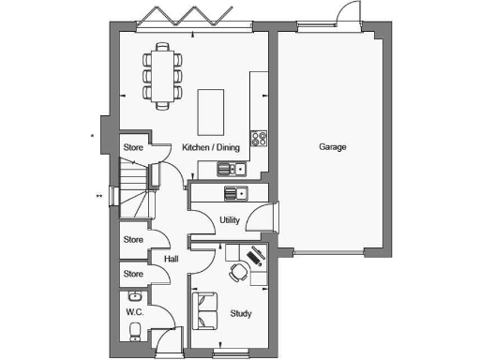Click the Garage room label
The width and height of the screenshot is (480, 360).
point(332,147)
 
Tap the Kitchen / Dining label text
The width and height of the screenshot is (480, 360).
point(210,147)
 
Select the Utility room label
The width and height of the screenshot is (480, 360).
point(230,220)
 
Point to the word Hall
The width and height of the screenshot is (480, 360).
point(172,260)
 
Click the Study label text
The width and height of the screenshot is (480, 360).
point(240,314)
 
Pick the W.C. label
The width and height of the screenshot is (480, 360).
point(133,310)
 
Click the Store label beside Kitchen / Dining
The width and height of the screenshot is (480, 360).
point(133,147)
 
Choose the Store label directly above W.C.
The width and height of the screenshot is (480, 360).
point(133,274)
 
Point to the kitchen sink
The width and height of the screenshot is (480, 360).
point(231,170)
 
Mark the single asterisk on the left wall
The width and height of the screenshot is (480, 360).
point(92,137)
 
